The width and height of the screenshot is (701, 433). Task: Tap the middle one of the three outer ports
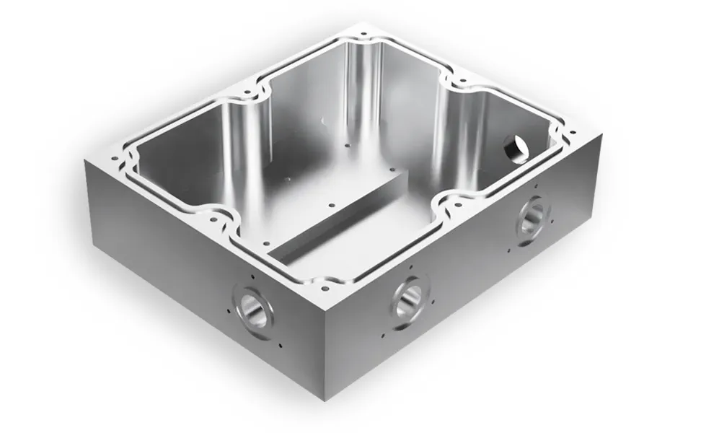(x=410, y=298)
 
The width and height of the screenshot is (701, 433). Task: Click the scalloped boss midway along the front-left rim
(x=216, y=219)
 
